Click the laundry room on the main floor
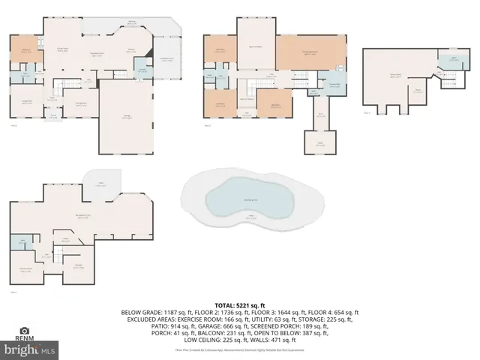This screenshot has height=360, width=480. click(140, 71)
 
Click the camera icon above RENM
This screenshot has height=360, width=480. click(25, 330)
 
